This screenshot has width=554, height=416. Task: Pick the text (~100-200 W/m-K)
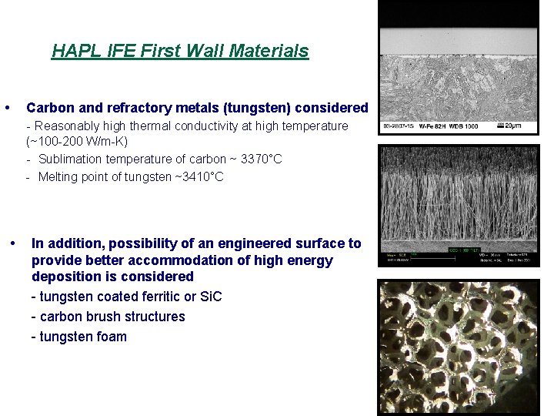[x=77, y=142]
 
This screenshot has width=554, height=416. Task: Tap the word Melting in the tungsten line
[x=61, y=177]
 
